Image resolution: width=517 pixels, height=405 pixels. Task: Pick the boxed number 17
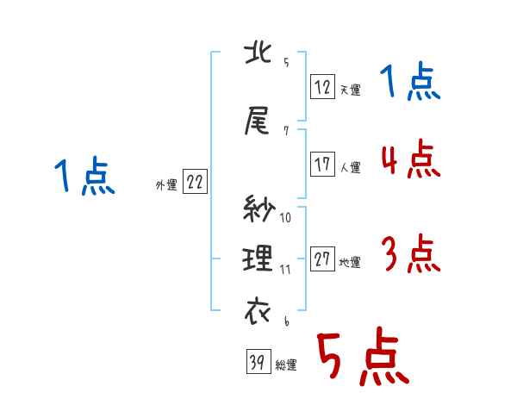pos(323,164)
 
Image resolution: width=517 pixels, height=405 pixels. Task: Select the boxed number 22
pos(195,182)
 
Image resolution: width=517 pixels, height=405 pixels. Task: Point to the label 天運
pos(350,89)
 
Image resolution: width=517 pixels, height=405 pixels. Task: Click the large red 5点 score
pos(362,358)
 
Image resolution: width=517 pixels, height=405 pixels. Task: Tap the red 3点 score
pos(409,254)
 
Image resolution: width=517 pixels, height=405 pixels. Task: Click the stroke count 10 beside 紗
pos(286,217)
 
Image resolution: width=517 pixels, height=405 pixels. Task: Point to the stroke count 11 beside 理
pos(286,269)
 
